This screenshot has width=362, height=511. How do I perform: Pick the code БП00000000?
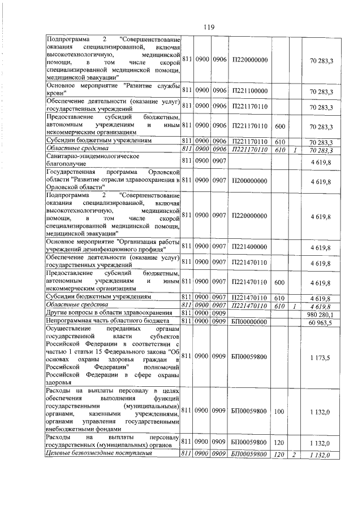249,321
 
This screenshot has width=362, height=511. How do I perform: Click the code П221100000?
249,91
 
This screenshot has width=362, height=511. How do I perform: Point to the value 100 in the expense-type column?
278,412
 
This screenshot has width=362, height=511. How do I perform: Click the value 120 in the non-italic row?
278,440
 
